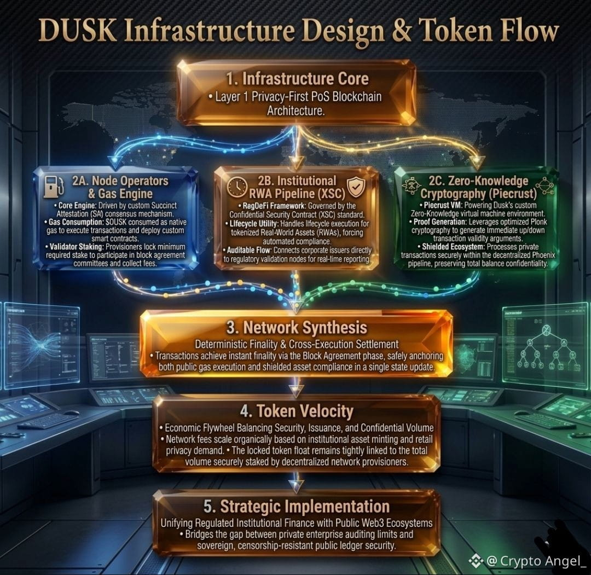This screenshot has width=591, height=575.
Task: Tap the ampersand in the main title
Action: click(x=402, y=31)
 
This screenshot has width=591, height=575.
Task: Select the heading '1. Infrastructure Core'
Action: click(x=297, y=79)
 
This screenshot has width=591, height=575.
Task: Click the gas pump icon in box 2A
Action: click(x=53, y=186)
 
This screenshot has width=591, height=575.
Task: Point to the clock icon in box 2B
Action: click(x=237, y=187)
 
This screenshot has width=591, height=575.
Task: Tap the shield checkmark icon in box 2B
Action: click(x=356, y=187)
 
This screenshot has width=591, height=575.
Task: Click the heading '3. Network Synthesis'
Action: click(x=297, y=328)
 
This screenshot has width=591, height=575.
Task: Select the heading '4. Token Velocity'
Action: click(x=297, y=411)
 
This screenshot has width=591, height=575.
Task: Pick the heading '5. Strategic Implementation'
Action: click(x=297, y=506)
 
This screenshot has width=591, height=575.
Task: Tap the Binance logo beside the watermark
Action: click(x=476, y=561)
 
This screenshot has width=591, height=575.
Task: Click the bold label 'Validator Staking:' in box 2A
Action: click(x=77, y=247)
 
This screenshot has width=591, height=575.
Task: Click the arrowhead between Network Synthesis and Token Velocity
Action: click(x=296, y=391)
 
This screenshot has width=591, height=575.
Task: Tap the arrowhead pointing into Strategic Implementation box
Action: click(x=296, y=486)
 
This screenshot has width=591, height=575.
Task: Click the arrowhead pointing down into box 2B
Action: click(x=296, y=164)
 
